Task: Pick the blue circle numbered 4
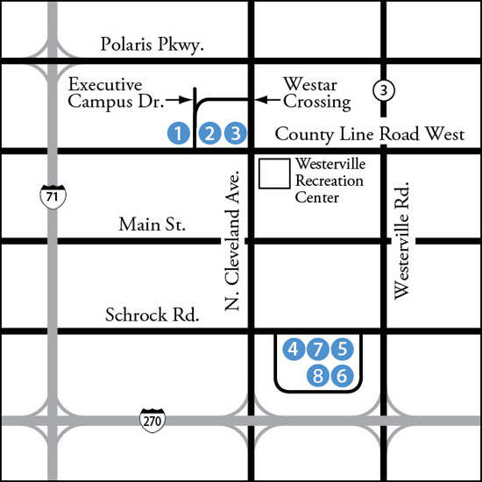coord(294,350)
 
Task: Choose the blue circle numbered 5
coord(343,350)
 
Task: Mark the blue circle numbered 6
coord(343,376)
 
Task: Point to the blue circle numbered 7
coord(318,350)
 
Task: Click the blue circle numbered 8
coord(318,376)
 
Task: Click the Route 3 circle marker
coord(383,89)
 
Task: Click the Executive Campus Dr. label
coord(118,94)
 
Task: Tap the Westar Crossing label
coord(316,94)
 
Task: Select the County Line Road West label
coord(369,134)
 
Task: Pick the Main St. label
coord(152,225)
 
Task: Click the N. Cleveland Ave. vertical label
coord(232,239)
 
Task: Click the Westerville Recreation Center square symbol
coord(275,174)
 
